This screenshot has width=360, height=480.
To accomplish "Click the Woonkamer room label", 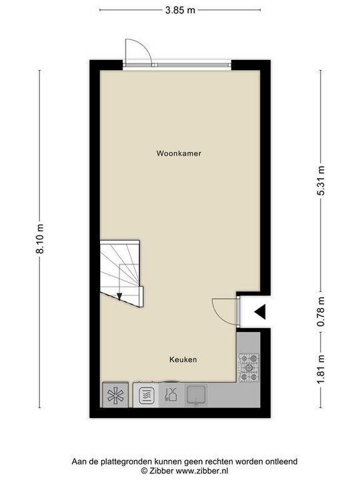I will (179, 153).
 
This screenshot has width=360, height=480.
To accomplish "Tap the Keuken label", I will (182, 359).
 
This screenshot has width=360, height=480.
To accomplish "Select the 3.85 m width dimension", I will (180, 11).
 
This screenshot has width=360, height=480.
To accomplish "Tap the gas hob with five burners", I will (249, 367).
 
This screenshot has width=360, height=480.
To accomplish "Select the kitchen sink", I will (196, 395).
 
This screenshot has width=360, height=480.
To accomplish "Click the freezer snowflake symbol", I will (115, 395).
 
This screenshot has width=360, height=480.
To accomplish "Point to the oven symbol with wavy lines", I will (147, 395).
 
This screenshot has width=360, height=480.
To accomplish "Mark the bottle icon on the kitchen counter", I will (171, 395).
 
